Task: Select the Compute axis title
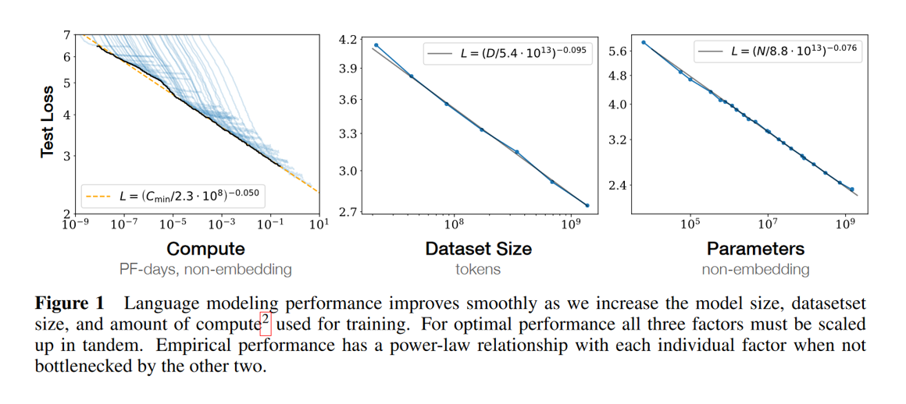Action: (205, 249)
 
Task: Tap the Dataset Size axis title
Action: (478, 249)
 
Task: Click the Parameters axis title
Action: (755, 249)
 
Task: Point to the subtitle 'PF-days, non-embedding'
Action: (205, 270)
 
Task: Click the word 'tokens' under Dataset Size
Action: (478, 270)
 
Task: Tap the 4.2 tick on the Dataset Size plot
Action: (348, 40)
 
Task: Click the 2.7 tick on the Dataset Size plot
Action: (348, 212)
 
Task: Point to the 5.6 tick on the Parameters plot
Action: (617, 51)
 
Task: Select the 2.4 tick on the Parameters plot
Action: (617, 186)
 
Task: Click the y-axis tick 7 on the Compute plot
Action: (67, 34)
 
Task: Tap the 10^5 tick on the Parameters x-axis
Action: (689, 225)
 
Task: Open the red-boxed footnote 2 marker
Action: (266, 321)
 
